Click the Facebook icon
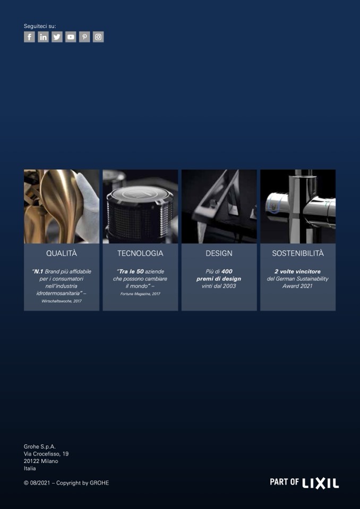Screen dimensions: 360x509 (29, 37)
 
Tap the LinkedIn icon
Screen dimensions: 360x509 (43, 37)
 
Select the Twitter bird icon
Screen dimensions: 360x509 (57, 37)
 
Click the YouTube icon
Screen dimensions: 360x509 (71, 37)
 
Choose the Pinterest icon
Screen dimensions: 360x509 (84, 37)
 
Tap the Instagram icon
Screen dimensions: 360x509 (98, 37)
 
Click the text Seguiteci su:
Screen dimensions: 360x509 (40, 26)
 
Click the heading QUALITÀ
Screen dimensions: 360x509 (62, 254)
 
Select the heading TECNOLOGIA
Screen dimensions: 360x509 (140, 254)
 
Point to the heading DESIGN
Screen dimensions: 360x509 (219, 254)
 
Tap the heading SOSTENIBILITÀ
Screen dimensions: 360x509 (298, 254)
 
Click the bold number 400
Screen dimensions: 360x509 (227, 271)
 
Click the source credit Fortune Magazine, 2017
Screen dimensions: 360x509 (140, 294)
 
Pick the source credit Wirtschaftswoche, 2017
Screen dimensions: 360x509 (62, 301)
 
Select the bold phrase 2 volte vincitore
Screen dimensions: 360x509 (298, 271)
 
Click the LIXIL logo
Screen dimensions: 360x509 (321, 483)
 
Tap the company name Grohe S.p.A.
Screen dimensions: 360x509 (40, 446)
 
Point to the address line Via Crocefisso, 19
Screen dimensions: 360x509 (46, 454)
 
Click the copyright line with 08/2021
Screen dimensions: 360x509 (66, 483)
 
